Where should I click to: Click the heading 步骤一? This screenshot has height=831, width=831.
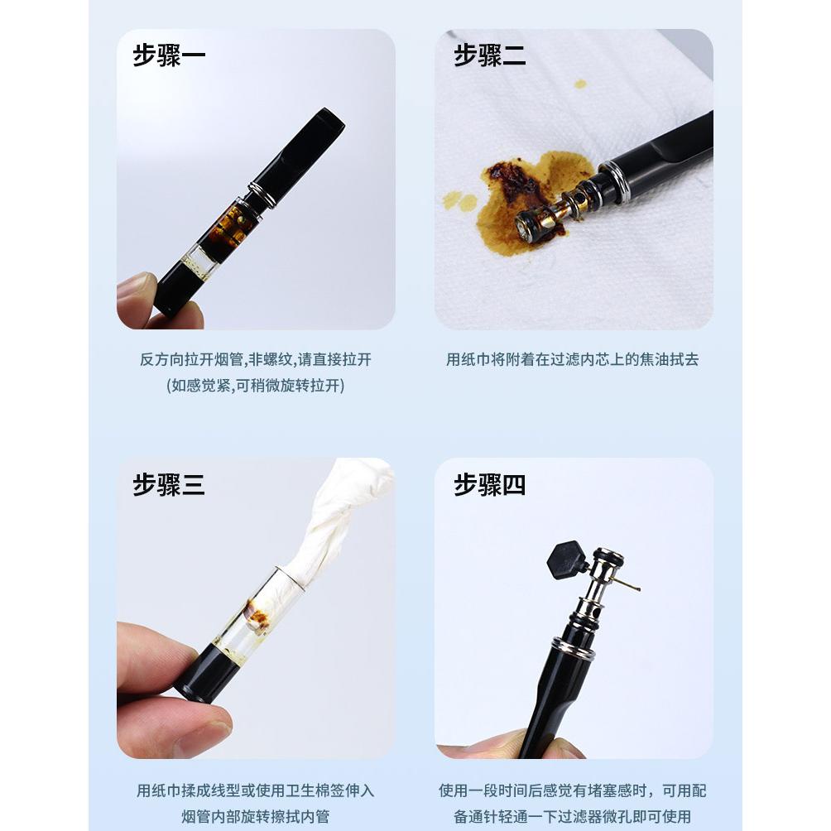pyautogui.click(x=169, y=55)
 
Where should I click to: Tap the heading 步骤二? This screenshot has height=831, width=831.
pyautogui.click(x=490, y=55)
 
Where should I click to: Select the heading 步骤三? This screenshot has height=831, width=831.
pyautogui.click(x=169, y=485)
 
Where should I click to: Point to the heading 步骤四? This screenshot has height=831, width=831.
pyautogui.click(x=490, y=485)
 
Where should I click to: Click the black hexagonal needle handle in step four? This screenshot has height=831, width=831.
pyautogui.click(x=566, y=560)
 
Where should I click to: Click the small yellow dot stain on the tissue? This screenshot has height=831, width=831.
pyautogui.click(x=580, y=84)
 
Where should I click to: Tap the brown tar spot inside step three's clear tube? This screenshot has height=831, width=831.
pyautogui.click(x=257, y=617)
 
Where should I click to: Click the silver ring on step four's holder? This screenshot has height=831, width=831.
pyautogui.click(x=574, y=648)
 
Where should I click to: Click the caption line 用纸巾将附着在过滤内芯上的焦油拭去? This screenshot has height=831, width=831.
pyautogui.click(x=573, y=359)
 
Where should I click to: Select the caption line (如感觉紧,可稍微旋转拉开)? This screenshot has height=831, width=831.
pyautogui.click(x=256, y=386)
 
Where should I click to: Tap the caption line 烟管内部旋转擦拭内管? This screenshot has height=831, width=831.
pyautogui.click(x=256, y=816)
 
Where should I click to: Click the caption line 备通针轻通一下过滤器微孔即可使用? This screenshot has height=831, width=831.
pyautogui.click(x=573, y=816)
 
